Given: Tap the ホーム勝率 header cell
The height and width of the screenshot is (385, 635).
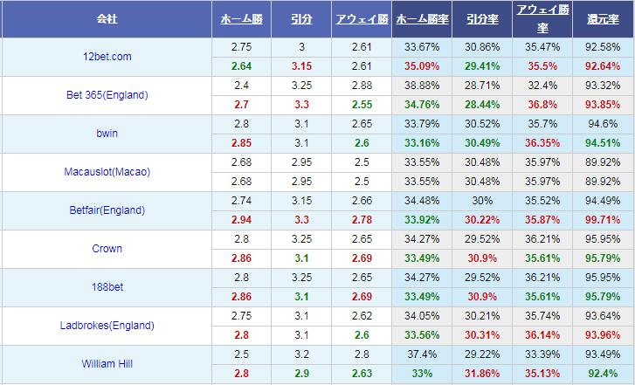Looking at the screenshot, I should pyautogui.click(x=423, y=17).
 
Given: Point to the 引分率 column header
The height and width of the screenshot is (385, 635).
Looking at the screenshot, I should pyautogui.click(x=483, y=17).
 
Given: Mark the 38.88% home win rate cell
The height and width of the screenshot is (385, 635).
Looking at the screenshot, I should pyautogui.click(x=423, y=86).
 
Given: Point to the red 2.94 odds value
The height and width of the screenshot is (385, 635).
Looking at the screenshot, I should pyautogui.click(x=241, y=219).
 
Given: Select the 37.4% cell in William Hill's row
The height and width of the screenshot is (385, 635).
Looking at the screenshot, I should pyautogui.click(x=423, y=354).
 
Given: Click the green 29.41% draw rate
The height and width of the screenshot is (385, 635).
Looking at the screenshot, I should pyautogui.click(x=483, y=65).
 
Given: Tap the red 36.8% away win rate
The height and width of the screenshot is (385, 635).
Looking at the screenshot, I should pyautogui.click(x=543, y=104).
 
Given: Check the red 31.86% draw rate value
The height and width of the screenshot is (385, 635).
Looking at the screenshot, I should pyautogui.click(x=483, y=374).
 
